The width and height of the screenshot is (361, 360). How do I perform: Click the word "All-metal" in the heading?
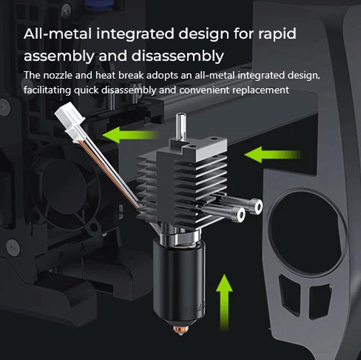pyautogui.click(x=58, y=33)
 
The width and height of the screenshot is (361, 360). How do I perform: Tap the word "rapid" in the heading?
pyautogui.click(x=277, y=34)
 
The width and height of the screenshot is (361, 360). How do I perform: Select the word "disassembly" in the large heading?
pyautogui.click(x=178, y=56)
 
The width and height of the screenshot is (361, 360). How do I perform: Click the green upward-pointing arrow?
pyautogui.click(x=224, y=301)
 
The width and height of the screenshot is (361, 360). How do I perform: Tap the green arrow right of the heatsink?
pyautogui.click(x=272, y=155)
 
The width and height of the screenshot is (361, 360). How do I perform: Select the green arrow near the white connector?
pyautogui.click(x=131, y=135)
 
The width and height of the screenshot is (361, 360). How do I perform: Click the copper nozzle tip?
pyautogui.click(x=181, y=330)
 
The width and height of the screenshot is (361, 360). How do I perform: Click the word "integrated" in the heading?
pyautogui.click(x=135, y=34)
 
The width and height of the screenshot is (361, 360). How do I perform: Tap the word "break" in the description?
pyautogui.click(x=131, y=75)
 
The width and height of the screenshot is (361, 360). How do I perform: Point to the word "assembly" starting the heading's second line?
pyautogui.click(x=59, y=56)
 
